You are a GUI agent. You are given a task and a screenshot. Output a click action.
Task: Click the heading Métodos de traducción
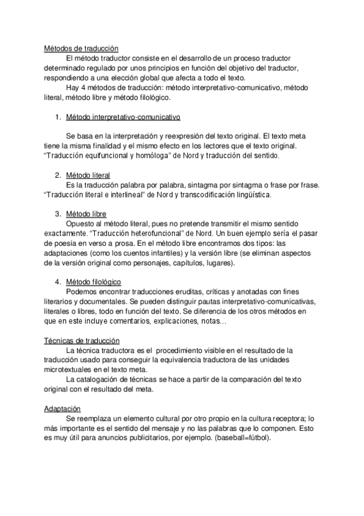click(81, 48)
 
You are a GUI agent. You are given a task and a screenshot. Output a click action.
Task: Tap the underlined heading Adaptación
click(63, 409)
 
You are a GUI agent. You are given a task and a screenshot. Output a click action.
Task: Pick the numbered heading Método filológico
click(93, 282)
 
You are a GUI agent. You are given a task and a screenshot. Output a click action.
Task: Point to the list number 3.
click(57, 214)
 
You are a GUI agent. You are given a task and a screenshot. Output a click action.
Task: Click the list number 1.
click(57, 116)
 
